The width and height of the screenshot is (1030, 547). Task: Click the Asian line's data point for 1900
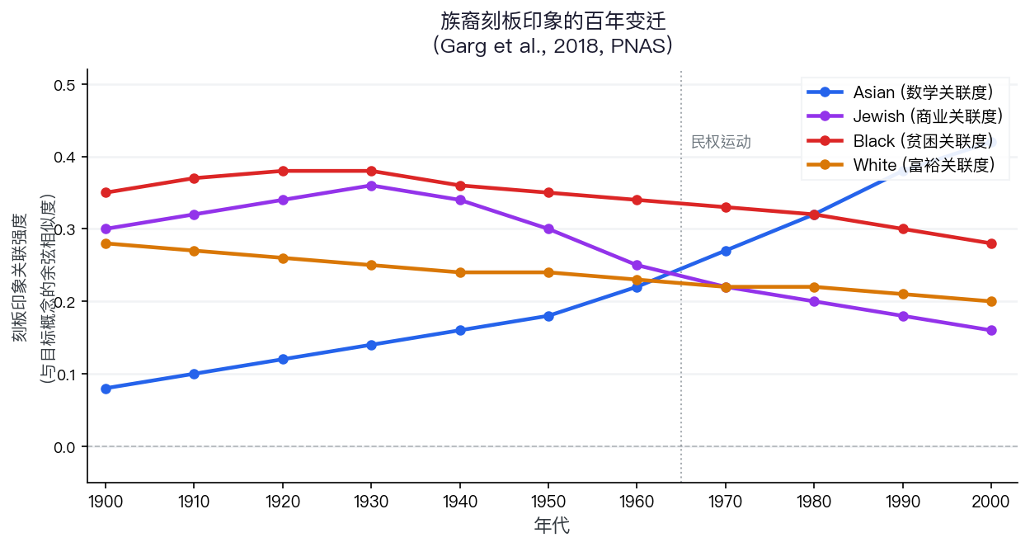click(106, 389)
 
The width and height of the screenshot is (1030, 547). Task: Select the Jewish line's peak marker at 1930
click(371, 186)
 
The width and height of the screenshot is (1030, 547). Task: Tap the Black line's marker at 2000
click(991, 243)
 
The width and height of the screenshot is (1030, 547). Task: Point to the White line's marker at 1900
click(106, 243)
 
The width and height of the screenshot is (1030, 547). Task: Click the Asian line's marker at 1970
click(726, 251)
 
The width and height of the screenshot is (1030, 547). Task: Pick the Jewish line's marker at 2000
click(991, 331)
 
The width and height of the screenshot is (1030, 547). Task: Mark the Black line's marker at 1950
click(548, 193)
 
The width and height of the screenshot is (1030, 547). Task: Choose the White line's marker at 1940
click(460, 272)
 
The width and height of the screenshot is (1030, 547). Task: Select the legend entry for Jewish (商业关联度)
click(927, 116)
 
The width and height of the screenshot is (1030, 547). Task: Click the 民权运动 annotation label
click(721, 142)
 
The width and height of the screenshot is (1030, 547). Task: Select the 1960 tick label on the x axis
click(637, 501)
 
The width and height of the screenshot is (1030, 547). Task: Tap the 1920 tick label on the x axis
click(283, 501)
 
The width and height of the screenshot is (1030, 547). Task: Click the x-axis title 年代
click(552, 526)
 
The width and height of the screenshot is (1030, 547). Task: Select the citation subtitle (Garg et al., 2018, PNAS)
click(553, 45)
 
